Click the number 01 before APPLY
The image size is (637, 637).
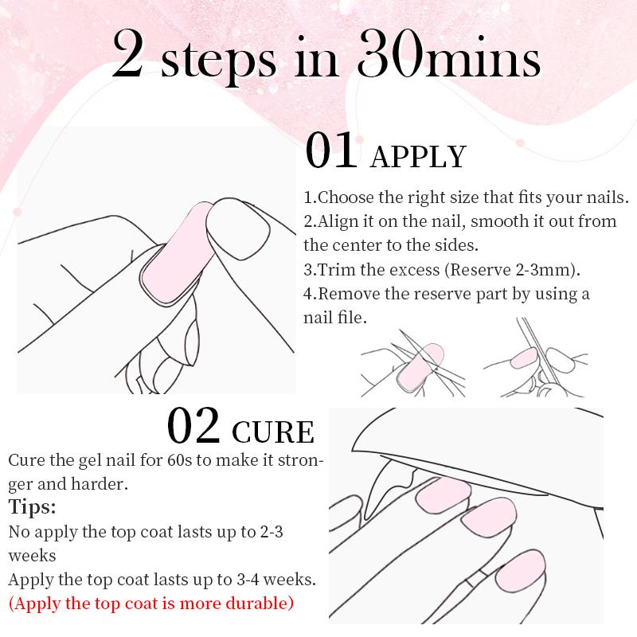[x=333, y=152]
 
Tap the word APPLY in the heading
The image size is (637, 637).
[x=419, y=157]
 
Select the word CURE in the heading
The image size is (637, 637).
[x=273, y=432]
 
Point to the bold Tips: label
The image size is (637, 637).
[x=33, y=507]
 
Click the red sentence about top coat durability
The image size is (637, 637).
[x=150, y=603]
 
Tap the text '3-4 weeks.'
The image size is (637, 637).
[x=283, y=579]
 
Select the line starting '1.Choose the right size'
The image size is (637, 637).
[x=467, y=197]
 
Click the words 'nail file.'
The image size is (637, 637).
[x=335, y=317]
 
